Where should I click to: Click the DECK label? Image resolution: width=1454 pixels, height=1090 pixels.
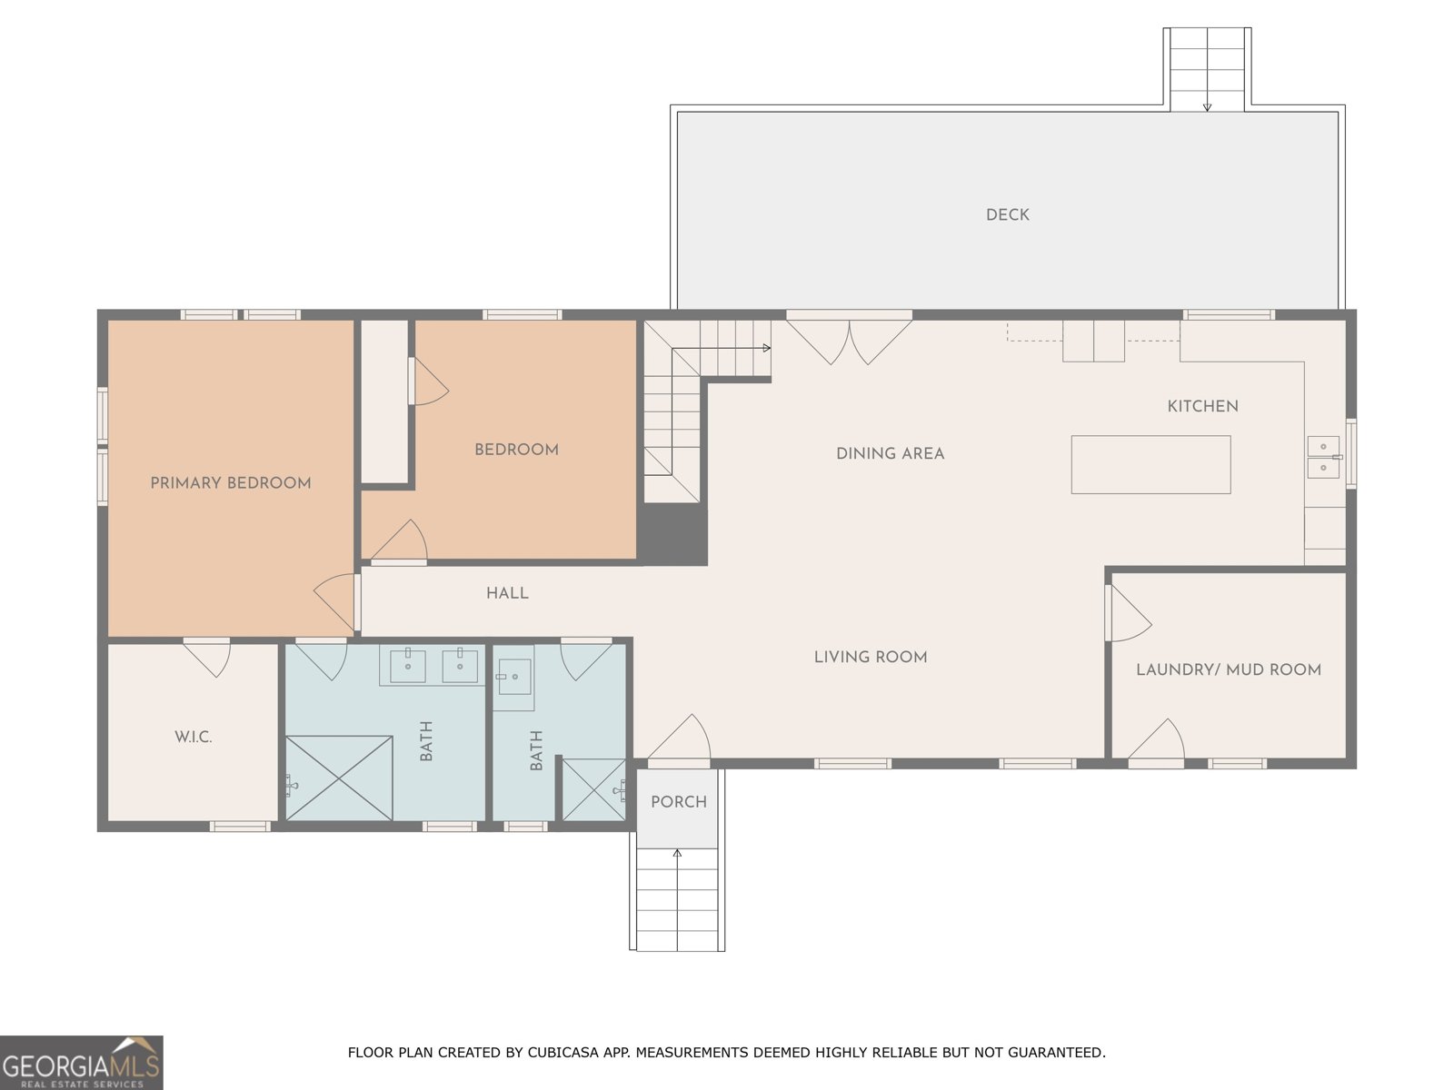pyautogui.click(x=1007, y=215)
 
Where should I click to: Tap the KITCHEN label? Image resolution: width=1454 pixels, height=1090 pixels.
pyautogui.click(x=1202, y=406)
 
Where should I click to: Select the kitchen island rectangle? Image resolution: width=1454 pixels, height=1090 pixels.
pyautogui.click(x=1150, y=464)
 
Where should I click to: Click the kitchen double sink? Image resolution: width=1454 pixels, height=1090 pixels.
pyautogui.click(x=1323, y=457)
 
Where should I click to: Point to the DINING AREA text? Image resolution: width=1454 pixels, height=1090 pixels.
pyautogui.click(x=890, y=454)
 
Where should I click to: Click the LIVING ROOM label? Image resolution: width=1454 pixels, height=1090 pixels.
pyautogui.click(x=871, y=657)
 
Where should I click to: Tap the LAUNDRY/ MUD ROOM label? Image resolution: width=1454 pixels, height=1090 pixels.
pyautogui.click(x=1228, y=669)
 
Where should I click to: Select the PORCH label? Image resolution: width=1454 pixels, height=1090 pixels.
pyautogui.click(x=678, y=802)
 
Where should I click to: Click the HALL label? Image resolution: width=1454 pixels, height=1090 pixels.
pyautogui.click(x=507, y=594)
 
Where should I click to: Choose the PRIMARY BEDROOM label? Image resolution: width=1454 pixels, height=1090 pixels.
pyautogui.click(x=231, y=483)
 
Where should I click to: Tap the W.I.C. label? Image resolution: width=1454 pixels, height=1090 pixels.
pyautogui.click(x=194, y=738)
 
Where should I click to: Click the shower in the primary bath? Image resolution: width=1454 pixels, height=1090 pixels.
pyautogui.click(x=338, y=778)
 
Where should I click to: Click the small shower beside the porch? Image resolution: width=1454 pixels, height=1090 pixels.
pyautogui.click(x=593, y=789)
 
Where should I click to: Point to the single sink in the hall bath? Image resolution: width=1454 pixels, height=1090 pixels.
pyautogui.click(x=514, y=677)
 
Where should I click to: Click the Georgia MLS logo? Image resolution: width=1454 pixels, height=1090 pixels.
pyautogui.click(x=82, y=1062)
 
